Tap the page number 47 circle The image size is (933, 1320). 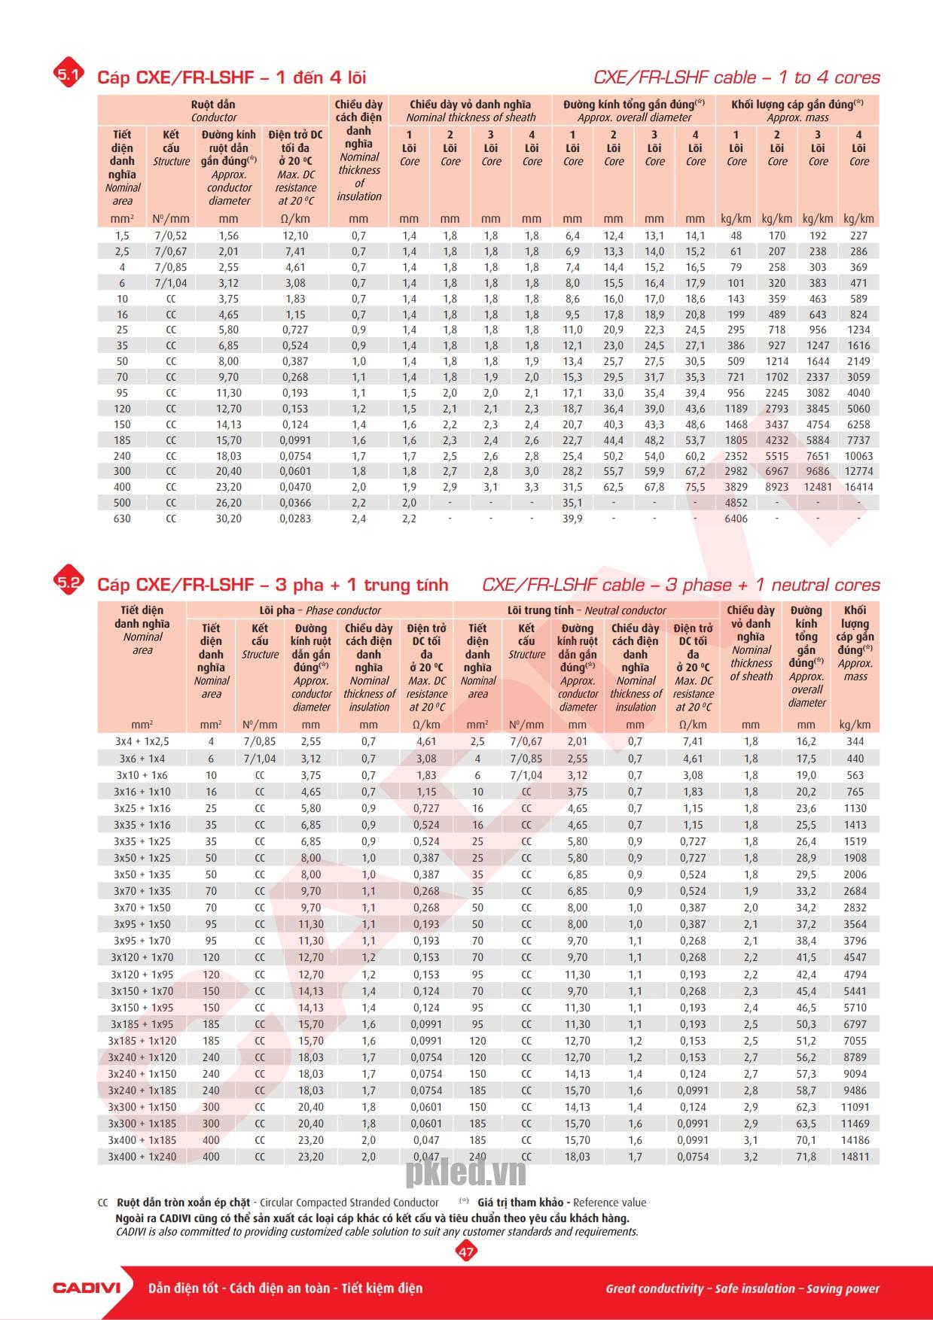click(466, 1252)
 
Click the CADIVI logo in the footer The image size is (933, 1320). click(87, 1288)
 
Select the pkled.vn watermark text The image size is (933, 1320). click(465, 1172)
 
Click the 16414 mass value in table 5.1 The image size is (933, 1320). click(858, 487)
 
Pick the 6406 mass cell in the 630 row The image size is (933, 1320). click(736, 519)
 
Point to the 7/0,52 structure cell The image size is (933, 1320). click(171, 236)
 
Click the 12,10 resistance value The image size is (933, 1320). click(295, 236)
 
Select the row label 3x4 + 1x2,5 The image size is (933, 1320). click(142, 741)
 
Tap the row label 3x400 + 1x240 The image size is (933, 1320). click(142, 1157)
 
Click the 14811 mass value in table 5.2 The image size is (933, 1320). click(855, 1157)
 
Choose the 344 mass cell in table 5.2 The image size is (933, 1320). click(855, 741)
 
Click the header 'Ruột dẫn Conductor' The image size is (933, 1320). click(213, 111)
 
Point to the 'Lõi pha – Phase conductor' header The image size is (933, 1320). click(320, 610)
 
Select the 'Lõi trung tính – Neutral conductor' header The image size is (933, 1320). click(587, 610)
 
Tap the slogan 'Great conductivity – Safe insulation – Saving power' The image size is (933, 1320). click(742, 1288)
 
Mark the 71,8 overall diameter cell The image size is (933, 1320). click(806, 1157)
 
